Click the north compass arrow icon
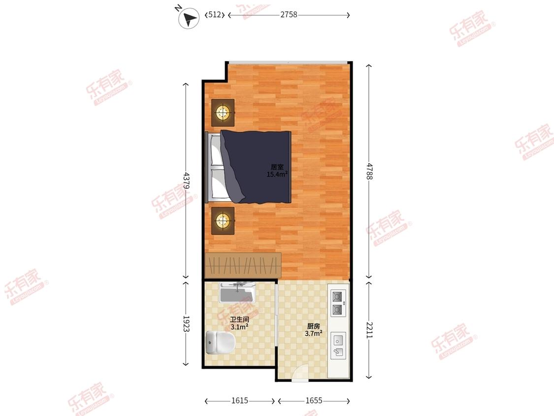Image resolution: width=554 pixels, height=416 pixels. pos(189,18)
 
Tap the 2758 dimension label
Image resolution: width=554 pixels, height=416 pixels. pos(289,14)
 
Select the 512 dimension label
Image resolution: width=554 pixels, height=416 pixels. pos(215,14)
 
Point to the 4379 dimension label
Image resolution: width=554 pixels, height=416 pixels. pos(187,181)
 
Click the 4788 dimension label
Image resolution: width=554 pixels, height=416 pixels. pos(369,171)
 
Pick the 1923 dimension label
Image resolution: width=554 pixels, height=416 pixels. pos(187,324)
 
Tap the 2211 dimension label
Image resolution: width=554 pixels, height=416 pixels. pos(369,329)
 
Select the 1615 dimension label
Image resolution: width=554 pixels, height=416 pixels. pos(239,400)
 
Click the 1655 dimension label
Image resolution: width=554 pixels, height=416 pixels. pos(314,400)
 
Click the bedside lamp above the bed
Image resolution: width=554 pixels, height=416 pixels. pos(223,112)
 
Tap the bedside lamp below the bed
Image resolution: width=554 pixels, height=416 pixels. pos(223,221)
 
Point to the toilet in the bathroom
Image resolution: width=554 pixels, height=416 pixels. pos(220,343)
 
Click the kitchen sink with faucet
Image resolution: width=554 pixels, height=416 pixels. pos(339,345)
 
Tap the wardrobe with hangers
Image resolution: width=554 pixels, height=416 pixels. pos(243,265)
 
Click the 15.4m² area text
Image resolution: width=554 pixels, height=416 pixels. pos(277,174)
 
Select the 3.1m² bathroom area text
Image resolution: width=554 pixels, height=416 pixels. pos(239,327)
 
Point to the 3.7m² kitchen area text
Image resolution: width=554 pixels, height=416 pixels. pos(313,333)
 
